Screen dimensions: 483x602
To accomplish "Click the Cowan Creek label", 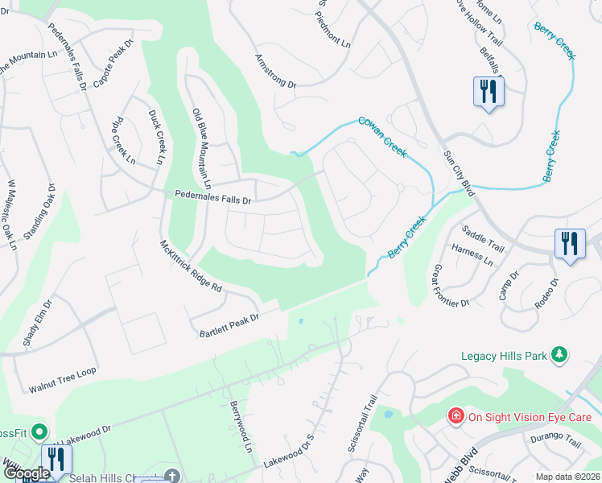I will point(382,136).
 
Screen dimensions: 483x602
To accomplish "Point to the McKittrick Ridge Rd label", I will point(191,270).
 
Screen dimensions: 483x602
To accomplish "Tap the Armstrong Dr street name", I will point(276,71).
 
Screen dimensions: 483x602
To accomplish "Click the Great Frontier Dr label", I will point(450,286).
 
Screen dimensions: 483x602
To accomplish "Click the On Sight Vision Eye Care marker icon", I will point(456,415).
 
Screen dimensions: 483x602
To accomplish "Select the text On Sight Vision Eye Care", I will point(530,416).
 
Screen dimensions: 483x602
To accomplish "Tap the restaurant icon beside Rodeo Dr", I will point(570,244).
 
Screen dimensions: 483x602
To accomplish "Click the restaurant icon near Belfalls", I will point(488,91).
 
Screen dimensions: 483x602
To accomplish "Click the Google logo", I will point(26,473).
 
